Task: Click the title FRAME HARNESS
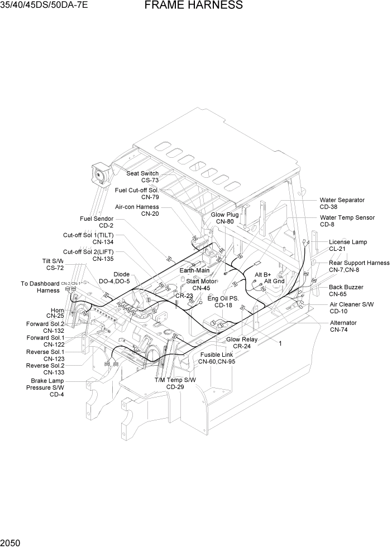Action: point(193,6)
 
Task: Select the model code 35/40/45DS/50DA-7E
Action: point(44,6)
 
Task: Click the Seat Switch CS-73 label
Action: point(142,177)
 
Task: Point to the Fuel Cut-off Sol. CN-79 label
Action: point(137,193)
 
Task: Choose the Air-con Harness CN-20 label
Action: point(137,210)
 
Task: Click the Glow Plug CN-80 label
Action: point(224,218)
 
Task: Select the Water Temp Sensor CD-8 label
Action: point(347,221)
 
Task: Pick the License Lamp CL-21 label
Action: point(347,245)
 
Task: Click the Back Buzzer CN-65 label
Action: point(346,290)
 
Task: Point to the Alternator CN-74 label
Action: point(343,326)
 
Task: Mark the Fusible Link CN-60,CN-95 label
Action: point(217,358)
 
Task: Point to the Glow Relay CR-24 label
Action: point(242,342)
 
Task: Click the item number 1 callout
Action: point(280,343)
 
